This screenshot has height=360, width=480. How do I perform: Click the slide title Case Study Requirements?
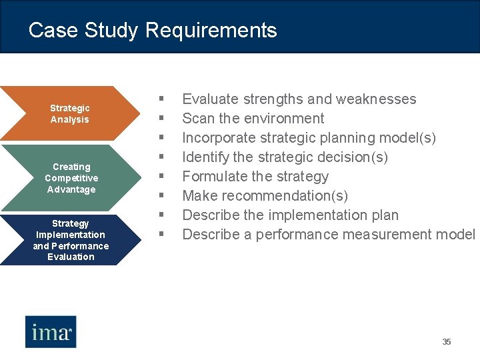(x=153, y=30)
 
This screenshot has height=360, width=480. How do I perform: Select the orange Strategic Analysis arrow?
(x=69, y=113)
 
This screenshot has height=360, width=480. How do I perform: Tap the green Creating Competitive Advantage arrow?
(x=71, y=178)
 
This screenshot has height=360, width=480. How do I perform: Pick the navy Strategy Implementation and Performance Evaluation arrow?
(x=70, y=240)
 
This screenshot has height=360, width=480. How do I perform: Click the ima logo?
(x=51, y=331)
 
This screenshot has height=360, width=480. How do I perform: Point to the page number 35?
(x=447, y=342)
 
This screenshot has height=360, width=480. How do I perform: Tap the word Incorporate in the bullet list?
(x=219, y=138)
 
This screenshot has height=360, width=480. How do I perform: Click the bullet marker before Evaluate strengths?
(x=161, y=99)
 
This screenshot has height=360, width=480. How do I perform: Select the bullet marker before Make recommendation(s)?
(x=161, y=196)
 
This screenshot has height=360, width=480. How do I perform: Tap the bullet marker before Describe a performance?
(x=161, y=235)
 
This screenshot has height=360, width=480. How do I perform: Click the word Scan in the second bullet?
(x=198, y=119)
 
